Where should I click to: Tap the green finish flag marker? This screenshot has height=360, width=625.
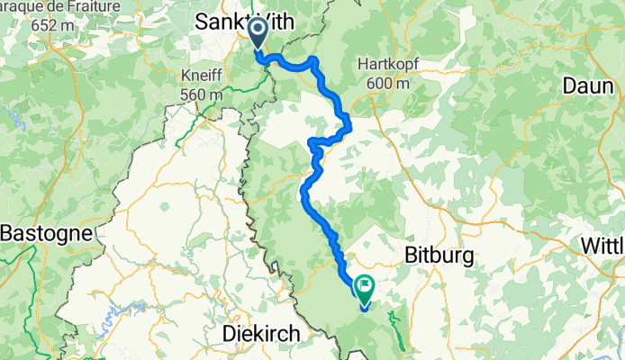pos(365,288)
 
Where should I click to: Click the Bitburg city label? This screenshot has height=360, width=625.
pos(439,256)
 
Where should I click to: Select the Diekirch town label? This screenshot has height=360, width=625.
pos(261,334)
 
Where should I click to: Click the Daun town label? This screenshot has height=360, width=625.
pos(585,85)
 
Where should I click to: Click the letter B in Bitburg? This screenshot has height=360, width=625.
pos(412,256)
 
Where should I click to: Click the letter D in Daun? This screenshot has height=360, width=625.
pos(567,85)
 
